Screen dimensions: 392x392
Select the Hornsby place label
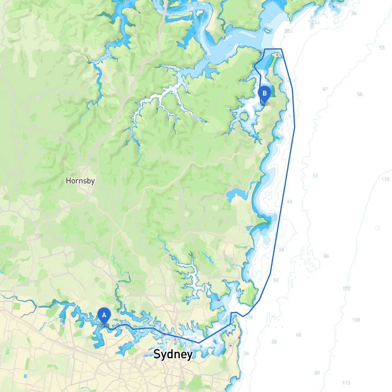pos(80,181)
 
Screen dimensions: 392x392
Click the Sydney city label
pos(173,354)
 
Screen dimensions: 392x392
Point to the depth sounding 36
pos(354,13)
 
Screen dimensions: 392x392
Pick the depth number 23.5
pos(315,22)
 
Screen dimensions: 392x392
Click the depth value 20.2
pos(288,31)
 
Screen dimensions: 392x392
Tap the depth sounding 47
pos(325,89)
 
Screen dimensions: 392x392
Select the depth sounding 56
pos(360,94)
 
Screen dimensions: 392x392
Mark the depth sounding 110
pos(385,179)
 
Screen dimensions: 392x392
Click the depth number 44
pos(289,202)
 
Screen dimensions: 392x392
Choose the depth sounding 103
pos(346,288)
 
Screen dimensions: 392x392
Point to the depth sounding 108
pos(356,320)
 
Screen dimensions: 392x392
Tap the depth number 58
pos(274,342)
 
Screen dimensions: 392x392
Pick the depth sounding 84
pos(317,373)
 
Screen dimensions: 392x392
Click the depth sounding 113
pos(346,383)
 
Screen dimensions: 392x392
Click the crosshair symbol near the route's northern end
pos(261,53)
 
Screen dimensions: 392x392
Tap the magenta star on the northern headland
pos(277,55)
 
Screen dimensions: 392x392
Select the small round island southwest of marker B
pos(244,116)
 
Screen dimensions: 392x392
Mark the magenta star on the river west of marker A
pos(50,307)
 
